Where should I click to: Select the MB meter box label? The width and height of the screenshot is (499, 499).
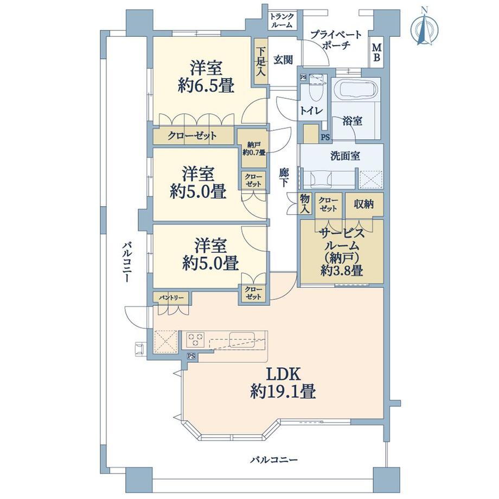pyautogui.click(x=377, y=53)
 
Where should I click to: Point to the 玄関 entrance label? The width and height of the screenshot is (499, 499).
pyautogui.click(x=283, y=60)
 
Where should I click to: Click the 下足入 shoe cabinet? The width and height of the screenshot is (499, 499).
pyautogui.click(x=261, y=62)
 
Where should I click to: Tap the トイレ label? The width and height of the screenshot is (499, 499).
pyautogui.click(x=311, y=111)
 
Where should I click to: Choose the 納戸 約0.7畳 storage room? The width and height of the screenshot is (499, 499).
pyautogui.click(x=254, y=148)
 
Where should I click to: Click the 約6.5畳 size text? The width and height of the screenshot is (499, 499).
pyautogui.click(x=206, y=85)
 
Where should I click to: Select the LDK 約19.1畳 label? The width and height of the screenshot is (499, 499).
pyautogui.click(x=283, y=383)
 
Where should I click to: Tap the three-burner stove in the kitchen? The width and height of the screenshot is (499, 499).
pyautogui.click(x=195, y=340)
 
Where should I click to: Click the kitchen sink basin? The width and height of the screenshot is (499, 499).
pyautogui.click(x=242, y=338)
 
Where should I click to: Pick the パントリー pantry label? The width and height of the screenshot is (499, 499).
pyautogui.click(x=171, y=298)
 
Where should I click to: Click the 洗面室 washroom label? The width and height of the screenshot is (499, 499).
pyautogui.click(x=346, y=156)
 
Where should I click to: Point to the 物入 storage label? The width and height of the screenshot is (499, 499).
pyautogui.click(x=305, y=204)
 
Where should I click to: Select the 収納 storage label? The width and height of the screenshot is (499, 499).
pyautogui.click(x=364, y=204)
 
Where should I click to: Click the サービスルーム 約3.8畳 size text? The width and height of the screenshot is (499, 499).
pyautogui.click(x=342, y=271)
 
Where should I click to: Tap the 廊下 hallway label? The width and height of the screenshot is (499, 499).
pyautogui.click(x=284, y=177)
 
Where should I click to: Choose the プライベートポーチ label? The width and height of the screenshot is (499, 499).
pyautogui.click(x=336, y=40)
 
